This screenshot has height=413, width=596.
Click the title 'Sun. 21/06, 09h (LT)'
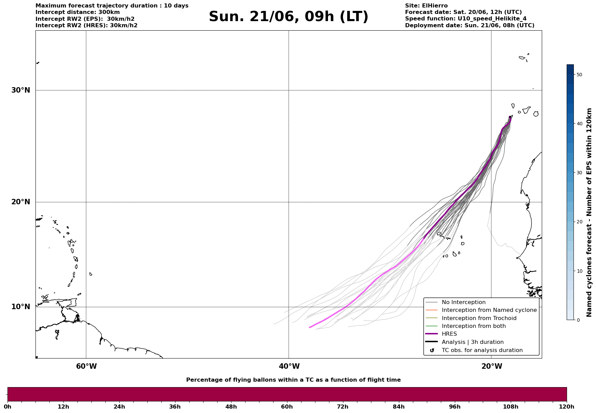(x=288, y=17)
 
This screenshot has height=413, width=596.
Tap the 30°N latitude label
(x=21, y=90)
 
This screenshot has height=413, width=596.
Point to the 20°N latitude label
(x=21, y=202)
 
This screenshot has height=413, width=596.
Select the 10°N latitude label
(x=21, y=307)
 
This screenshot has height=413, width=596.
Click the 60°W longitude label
(x=86, y=366)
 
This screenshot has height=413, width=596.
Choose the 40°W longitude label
(x=289, y=366)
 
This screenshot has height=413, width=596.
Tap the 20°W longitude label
(x=492, y=366)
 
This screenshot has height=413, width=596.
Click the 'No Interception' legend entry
(x=464, y=302)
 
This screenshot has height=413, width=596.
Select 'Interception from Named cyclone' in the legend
(x=489, y=310)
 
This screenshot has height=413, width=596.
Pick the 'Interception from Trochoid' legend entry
(x=479, y=318)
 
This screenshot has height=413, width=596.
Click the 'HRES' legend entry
(x=449, y=334)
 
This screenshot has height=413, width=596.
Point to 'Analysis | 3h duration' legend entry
(x=473, y=342)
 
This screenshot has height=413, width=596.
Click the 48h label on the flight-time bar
(x=231, y=407)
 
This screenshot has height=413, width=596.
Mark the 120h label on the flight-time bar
(x=567, y=407)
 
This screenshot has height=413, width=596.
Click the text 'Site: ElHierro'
(x=426, y=6)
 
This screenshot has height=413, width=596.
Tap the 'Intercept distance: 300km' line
(x=78, y=12)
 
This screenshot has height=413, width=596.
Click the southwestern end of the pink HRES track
(x=310, y=328)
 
